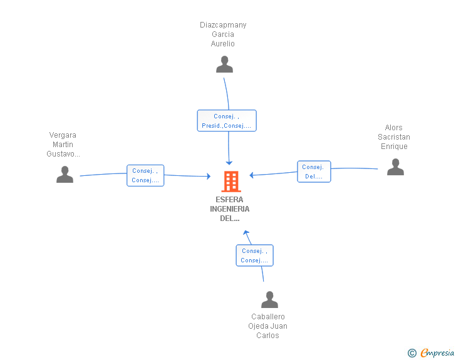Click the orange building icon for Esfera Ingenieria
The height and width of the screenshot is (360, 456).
(231, 182)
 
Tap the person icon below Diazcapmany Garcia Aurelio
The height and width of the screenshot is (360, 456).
(224, 64)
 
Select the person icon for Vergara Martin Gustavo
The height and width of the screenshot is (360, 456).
(65, 174)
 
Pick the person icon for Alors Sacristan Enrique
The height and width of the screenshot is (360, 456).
(395, 167)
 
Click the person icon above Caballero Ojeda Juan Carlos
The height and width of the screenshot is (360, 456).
(269, 299)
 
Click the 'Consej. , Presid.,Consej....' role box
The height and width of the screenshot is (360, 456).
(227, 121)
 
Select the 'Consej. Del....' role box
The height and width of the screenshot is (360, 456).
(314, 172)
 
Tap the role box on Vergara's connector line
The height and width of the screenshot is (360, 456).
(145, 175)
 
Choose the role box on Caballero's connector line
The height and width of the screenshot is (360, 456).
(255, 255)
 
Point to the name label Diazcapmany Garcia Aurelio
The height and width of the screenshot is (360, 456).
(223, 34)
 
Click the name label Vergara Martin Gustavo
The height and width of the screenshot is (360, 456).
(63, 145)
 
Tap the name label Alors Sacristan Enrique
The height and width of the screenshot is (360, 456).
(394, 137)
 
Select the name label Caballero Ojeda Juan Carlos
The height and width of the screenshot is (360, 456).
(268, 326)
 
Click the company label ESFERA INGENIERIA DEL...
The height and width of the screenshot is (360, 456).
(230, 209)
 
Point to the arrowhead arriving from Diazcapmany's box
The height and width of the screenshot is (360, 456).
(229, 163)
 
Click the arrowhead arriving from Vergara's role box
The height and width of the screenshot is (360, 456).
(208, 176)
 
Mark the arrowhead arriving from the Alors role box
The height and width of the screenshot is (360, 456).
(252, 175)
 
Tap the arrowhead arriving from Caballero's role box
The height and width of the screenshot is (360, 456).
(246, 233)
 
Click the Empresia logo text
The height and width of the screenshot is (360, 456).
(437, 352)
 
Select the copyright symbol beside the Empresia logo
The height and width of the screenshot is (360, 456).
(412, 353)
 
